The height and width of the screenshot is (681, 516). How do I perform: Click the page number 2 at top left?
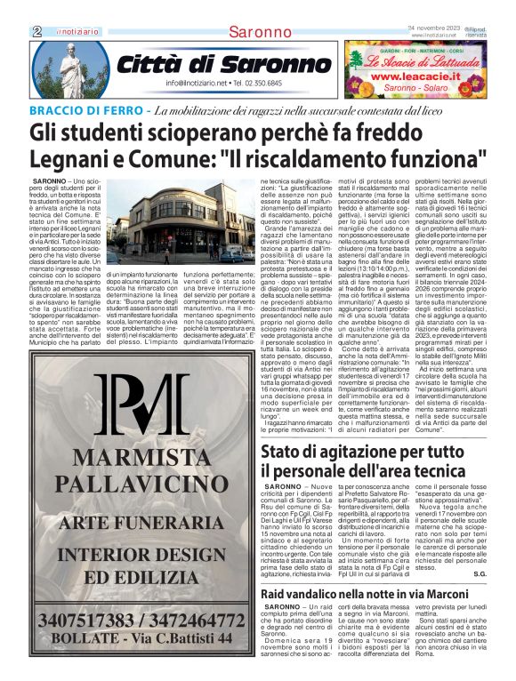[36, 31]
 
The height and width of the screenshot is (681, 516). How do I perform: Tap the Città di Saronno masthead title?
[223, 65]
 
